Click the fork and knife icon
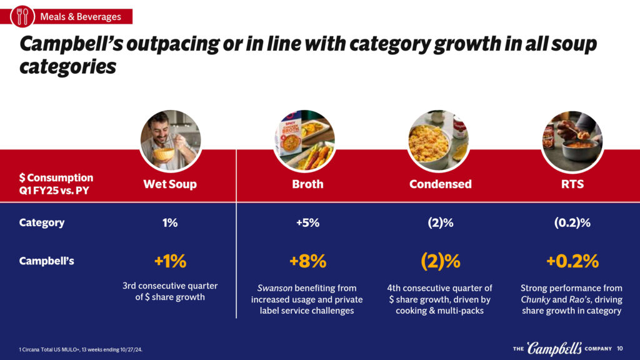click(x=22, y=16)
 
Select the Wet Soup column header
click(x=170, y=184)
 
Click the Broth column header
click(x=307, y=184)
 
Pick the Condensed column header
click(x=440, y=184)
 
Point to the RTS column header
click(x=572, y=184)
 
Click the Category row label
click(x=42, y=222)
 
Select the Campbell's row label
click(x=47, y=261)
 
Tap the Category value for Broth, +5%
click(x=307, y=222)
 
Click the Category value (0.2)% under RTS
click(x=572, y=222)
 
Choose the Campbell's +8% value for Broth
click(x=307, y=261)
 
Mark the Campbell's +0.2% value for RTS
click(x=572, y=261)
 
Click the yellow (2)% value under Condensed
click(x=440, y=261)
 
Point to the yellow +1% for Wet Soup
click(x=170, y=261)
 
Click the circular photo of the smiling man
click(x=170, y=141)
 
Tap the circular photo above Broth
click(x=304, y=141)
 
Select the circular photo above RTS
click(x=572, y=141)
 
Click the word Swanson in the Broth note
click(x=276, y=288)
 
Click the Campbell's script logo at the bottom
click(x=554, y=348)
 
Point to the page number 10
click(x=620, y=348)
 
